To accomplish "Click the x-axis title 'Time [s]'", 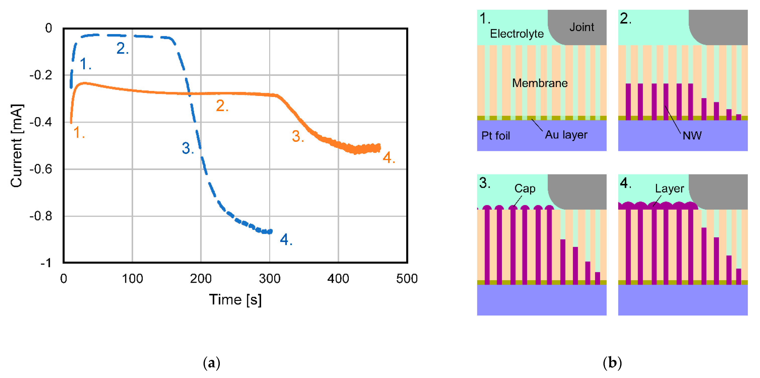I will coord(235,300).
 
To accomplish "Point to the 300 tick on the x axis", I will coord(269,279).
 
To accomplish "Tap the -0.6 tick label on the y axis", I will coord(41,169).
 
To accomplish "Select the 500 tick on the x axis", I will coord(407,279).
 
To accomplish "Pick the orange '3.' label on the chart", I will coord(298,136).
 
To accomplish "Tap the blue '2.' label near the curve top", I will coord(122,49).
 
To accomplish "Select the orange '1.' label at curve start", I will coord(79,133).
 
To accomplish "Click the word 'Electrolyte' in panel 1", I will coord(517,34).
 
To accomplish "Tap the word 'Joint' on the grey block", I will coord(581,27).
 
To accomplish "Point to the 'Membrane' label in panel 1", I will coord(540,83).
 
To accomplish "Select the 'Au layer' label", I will coord(566,135).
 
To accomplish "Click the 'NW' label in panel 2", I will coord(692,136).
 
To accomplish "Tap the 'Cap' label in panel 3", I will coord(524,188).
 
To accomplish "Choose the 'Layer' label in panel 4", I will coord(669,188).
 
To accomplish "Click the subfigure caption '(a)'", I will coord(211,363).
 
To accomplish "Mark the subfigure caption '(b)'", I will coord(612,363).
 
